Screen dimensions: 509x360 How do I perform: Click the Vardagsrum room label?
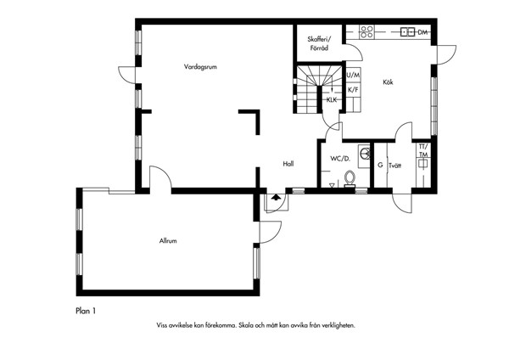click(200, 67)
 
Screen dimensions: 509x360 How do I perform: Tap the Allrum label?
click(168, 241)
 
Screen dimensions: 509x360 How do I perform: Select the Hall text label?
click(288, 164)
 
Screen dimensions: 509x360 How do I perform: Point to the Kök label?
click(388, 82)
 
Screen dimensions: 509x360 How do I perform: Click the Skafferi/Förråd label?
click(319, 44)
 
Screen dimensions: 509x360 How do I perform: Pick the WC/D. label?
click(340, 159)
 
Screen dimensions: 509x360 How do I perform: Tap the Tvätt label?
click(395, 166)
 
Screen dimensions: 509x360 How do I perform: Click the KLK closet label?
click(332, 100)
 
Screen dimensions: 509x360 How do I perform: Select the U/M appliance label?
click(353, 76)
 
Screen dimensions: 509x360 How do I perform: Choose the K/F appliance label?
click(353, 90)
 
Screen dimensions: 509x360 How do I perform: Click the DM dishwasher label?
click(422, 32)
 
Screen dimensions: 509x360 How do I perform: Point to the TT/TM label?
click(423, 150)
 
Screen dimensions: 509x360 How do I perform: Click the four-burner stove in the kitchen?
click(366, 32)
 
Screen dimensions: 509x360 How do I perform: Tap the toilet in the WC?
click(350, 179)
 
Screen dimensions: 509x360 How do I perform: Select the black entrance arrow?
click(276, 197)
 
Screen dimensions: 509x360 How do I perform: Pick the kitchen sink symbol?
click(408, 32)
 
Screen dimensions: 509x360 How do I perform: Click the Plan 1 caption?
click(86, 311)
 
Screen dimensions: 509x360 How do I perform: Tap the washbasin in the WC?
click(364, 153)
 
